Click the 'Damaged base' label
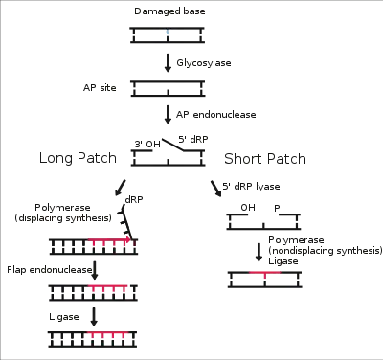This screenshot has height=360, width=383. coord(169,11)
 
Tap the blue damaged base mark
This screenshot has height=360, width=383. coord(168,32)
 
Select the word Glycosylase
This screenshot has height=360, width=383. coord(204,63)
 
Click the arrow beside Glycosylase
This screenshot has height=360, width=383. coord(168,63)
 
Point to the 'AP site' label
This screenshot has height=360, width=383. coord(100,88)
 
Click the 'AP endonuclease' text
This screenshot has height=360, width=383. coord(216,115)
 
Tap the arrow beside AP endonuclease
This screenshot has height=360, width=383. coord(168,115)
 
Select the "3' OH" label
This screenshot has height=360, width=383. coord(147,145)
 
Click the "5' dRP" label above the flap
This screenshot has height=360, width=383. coord(193,139)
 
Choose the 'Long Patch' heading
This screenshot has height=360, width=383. coord(78,158)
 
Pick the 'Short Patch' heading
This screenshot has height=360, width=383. coord(265,159)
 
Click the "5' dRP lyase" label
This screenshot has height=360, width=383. coord(251,187)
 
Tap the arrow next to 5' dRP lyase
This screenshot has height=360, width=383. coord(216,189)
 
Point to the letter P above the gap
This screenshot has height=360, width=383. coord(277,209)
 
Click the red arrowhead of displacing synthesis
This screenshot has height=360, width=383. coord(128,239)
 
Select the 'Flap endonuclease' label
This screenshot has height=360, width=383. coord(50,270)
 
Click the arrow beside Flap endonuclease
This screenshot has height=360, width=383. coord(94,270)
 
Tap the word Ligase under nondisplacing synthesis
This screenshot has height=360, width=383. coord(283,261)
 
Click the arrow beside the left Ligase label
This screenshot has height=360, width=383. coord(94,317)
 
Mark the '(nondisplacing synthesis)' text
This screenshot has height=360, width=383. coord(326,251)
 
